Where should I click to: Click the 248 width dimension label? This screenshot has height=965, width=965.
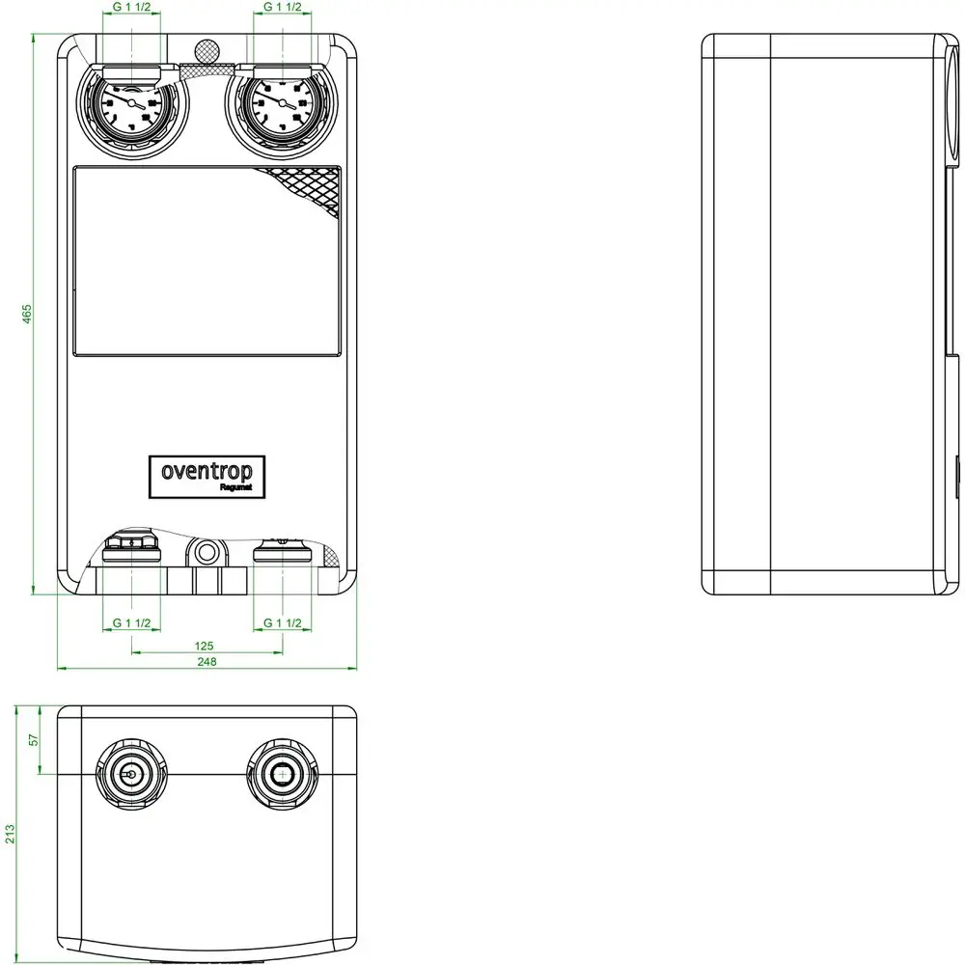click(206, 661)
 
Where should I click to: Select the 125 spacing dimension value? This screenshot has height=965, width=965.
click(204, 644)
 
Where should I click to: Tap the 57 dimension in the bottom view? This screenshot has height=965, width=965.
click(33, 739)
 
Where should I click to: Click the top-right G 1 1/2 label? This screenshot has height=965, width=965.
click(283, 8)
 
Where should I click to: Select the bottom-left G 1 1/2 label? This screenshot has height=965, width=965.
click(131, 623)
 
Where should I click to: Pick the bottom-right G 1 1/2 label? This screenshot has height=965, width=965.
click(284, 623)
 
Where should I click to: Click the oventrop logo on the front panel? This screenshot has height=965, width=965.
click(207, 474)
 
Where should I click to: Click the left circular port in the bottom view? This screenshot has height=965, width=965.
click(130, 774)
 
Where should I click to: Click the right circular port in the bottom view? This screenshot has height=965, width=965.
click(281, 774)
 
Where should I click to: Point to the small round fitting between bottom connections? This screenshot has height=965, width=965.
click(206, 553)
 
